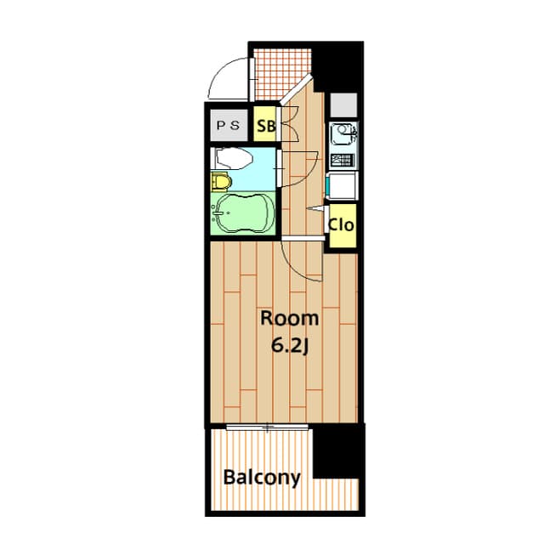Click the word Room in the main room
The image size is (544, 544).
[x=289, y=319]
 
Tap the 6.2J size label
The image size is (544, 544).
[x=289, y=346]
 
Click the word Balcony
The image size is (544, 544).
[x=262, y=478]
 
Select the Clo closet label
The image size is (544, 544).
[x=341, y=226]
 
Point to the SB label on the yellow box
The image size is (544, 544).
[x=265, y=127]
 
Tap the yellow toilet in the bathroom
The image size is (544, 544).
[x=221, y=181]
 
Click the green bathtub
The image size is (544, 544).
[x=243, y=212]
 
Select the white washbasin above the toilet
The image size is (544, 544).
[x=232, y=158]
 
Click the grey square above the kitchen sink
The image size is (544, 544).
[x=343, y=105]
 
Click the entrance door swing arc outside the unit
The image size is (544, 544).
[x=224, y=81]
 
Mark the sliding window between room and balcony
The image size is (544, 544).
[x=268, y=425]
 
